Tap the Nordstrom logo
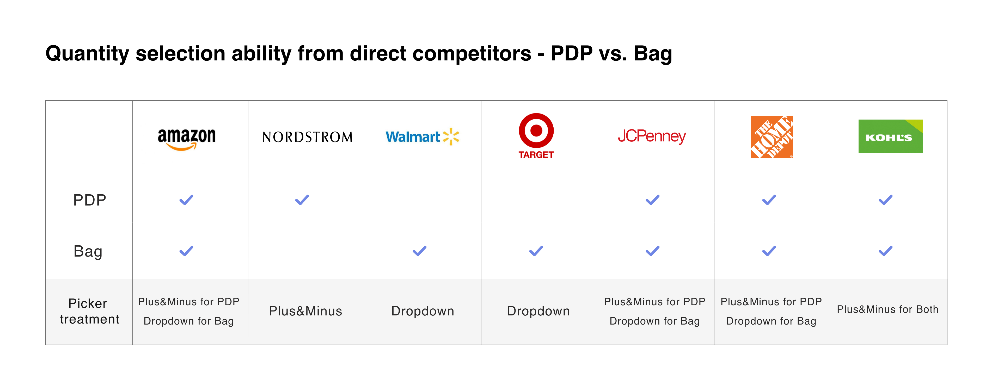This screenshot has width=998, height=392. click(308, 137)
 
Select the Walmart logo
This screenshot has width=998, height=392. click(422, 136)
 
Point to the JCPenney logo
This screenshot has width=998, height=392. click(652, 136)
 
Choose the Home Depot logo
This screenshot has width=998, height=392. click(772, 136)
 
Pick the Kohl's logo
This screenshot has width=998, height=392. click(890, 136)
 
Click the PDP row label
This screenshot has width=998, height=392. click(89, 200)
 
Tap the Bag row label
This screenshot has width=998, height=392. click(88, 252)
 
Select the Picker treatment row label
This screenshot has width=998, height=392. click(89, 311)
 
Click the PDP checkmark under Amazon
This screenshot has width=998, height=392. click(186, 200)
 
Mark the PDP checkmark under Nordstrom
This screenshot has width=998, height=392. click(302, 200)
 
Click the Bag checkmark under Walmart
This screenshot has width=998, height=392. click(420, 251)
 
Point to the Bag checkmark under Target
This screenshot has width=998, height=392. click(536, 251)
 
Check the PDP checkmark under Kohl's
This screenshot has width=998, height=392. click(886, 200)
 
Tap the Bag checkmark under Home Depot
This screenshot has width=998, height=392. click(769, 251)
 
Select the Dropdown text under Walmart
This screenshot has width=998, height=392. click(423, 311)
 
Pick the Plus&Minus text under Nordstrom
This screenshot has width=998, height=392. click(306, 311)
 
